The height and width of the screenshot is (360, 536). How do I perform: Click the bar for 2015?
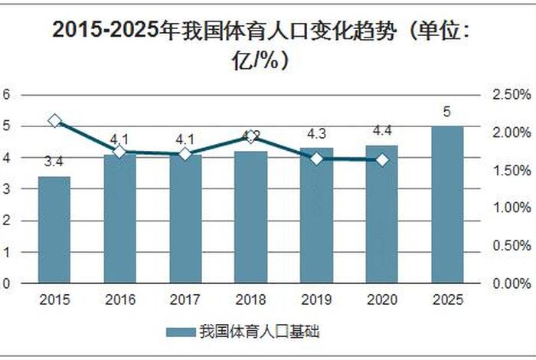pos(54,230)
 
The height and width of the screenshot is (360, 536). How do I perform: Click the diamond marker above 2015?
pos(54,120)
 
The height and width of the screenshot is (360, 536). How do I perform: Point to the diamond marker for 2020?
pos(382,160)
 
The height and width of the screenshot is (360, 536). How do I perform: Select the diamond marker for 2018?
pos(251,137)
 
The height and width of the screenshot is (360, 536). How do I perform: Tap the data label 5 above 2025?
pos(447,113)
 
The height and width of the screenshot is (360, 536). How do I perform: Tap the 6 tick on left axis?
pos(7,95)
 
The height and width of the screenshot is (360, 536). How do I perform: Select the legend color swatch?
pos(180,332)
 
